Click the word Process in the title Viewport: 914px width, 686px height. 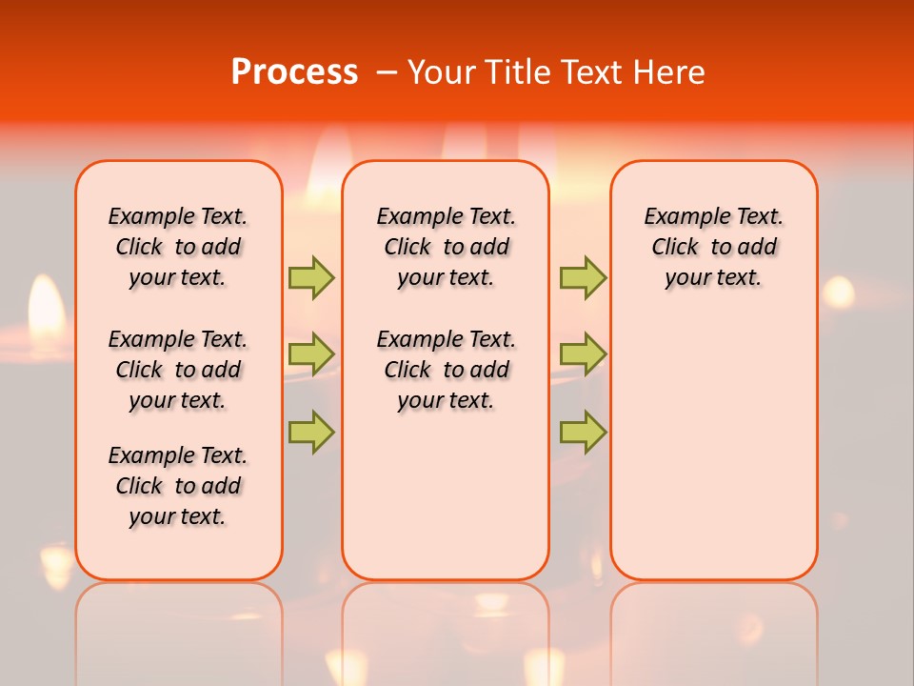click(294, 71)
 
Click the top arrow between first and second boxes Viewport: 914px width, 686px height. click(311, 277)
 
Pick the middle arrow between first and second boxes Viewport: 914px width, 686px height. click(311, 353)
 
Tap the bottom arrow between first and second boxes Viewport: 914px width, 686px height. click(311, 433)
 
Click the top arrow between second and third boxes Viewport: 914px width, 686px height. click(583, 277)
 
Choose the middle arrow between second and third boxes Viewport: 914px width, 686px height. click(583, 353)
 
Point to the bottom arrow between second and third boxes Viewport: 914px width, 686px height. click(583, 433)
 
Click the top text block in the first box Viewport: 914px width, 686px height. click(178, 247)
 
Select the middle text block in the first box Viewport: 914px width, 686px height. click(178, 370)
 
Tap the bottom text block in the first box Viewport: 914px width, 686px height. click(178, 486)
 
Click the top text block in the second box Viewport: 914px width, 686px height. click(446, 247)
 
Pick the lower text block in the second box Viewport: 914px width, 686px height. click(446, 370)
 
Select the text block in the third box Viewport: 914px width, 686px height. click(714, 247)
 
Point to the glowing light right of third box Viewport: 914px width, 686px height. click(838, 291)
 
